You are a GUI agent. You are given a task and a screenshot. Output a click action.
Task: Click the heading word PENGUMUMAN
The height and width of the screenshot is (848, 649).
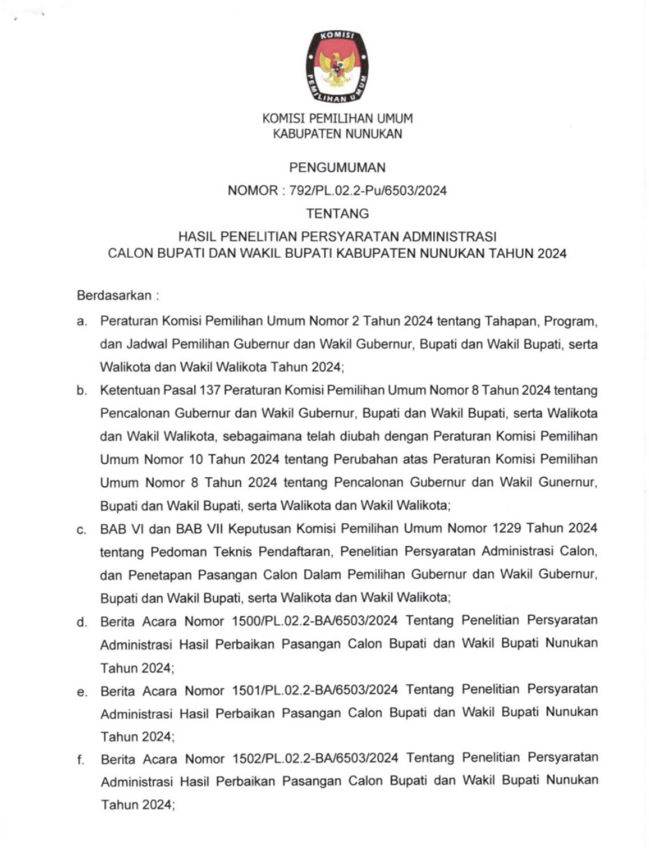[337, 168]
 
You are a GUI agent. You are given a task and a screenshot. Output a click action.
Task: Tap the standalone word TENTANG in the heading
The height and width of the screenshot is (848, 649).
[337, 214]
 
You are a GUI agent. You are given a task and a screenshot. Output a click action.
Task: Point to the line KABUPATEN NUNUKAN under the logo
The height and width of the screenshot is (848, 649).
[337, 134]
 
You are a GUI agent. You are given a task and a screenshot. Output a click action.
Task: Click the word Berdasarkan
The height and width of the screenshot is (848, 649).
[115, 295]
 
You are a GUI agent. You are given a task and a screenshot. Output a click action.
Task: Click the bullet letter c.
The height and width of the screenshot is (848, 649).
[81, 530]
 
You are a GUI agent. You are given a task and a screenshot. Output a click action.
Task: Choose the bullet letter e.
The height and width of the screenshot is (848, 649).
[81, 691]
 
